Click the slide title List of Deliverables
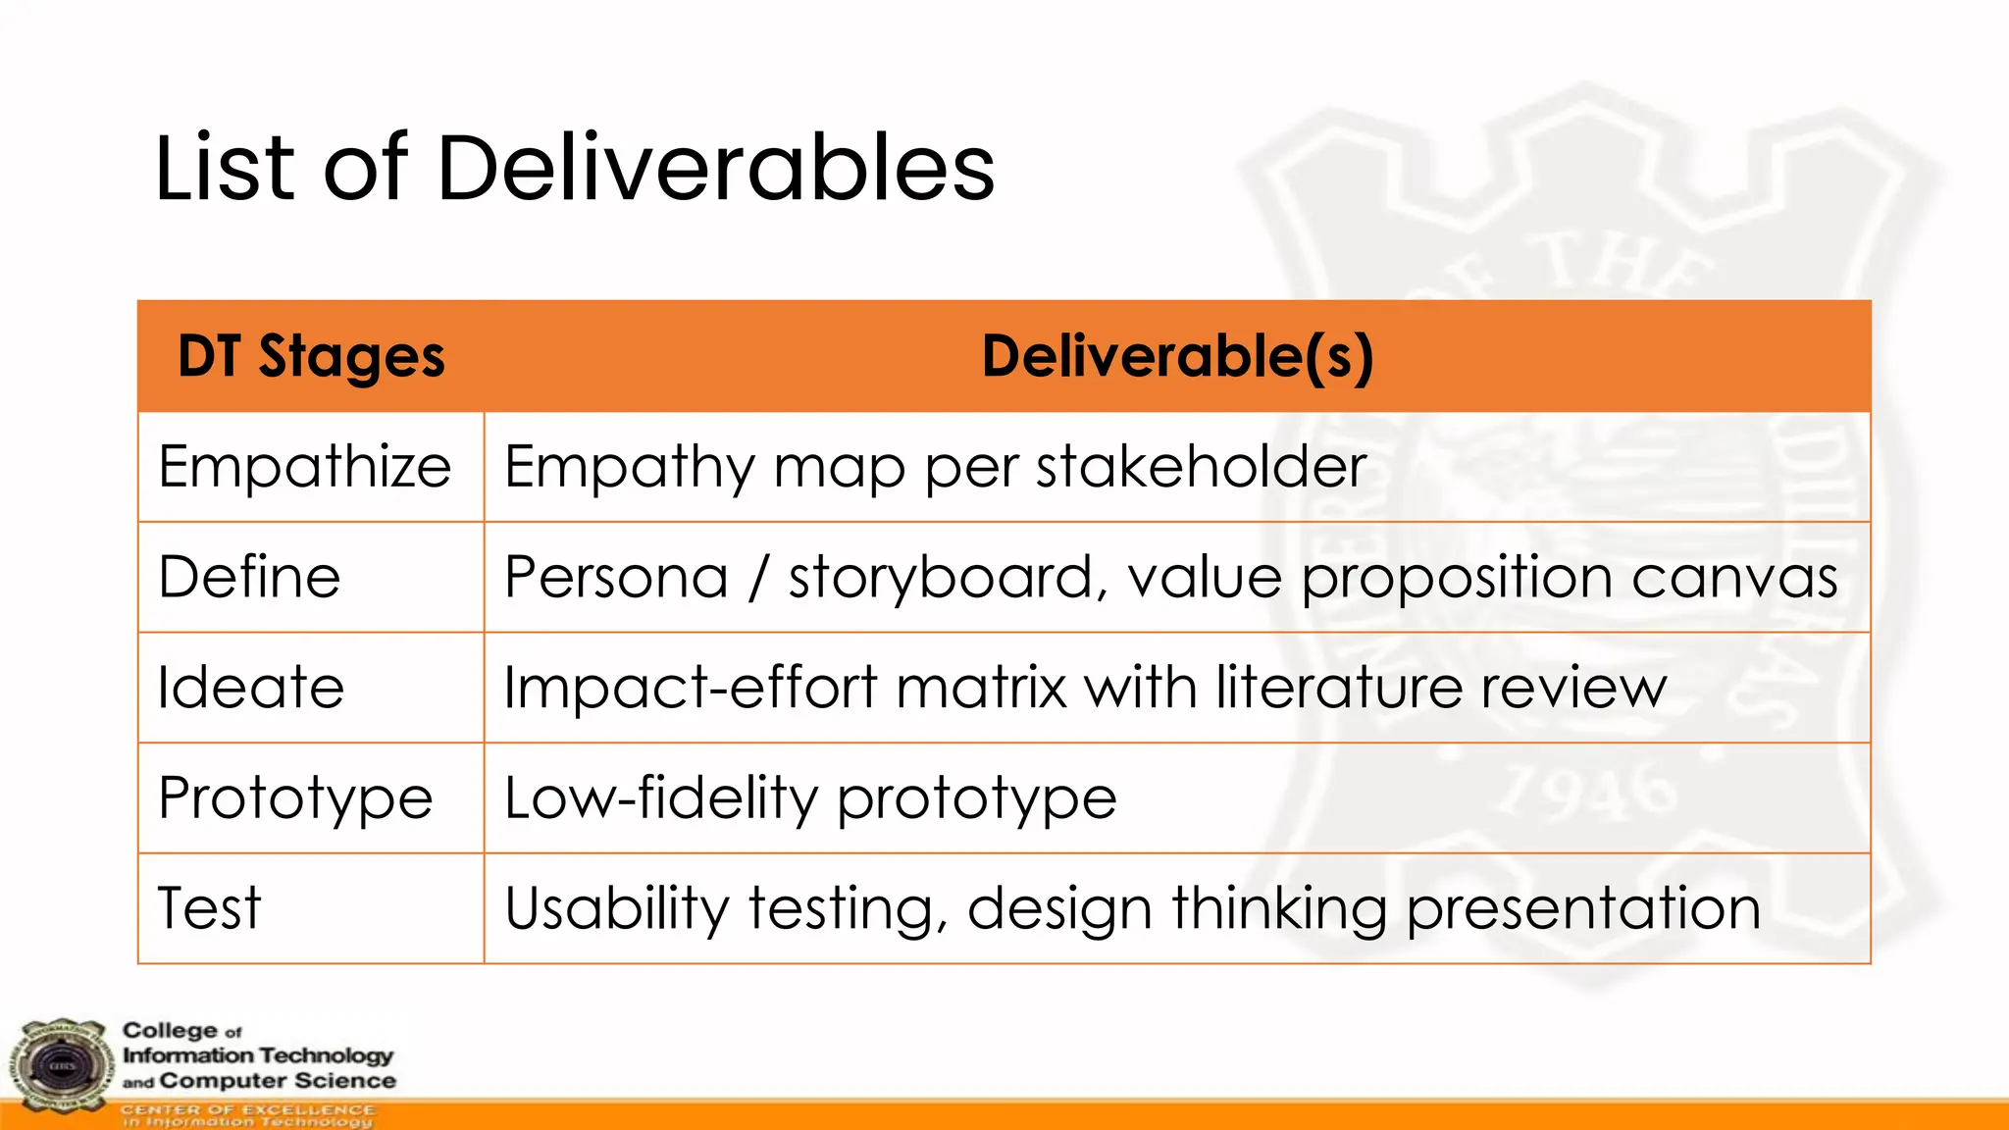575,169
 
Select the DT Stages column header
311,356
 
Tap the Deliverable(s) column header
1177,356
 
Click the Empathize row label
304,467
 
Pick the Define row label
249,577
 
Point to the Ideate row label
251,688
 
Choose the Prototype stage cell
295,797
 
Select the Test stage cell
209,908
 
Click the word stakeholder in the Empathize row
1201,467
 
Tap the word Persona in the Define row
616,577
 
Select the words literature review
1441,688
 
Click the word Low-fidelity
660,797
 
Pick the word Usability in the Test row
616,908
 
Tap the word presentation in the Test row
1583,908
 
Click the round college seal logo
62,1066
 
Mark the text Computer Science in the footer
278,1081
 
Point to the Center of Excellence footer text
247,1109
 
